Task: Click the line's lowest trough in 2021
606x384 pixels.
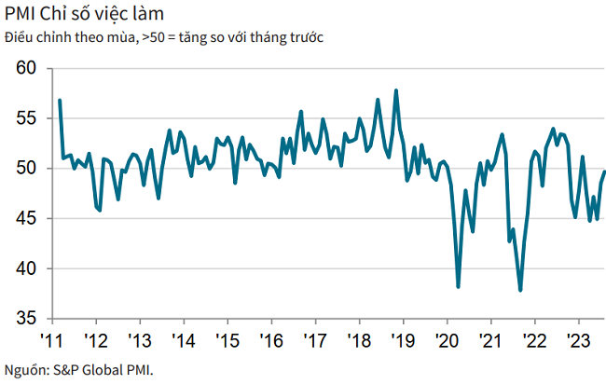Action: pos(520,290)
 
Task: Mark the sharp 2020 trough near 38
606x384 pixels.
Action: pos(458,286)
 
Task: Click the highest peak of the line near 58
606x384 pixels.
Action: pos(397,90)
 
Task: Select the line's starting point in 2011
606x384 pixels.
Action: pos(60,100)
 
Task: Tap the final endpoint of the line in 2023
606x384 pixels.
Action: pos(604,171)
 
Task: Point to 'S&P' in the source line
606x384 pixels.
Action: pos(69,368)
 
